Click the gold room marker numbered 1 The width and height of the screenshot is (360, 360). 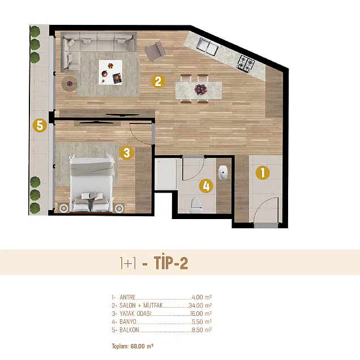[263, 173]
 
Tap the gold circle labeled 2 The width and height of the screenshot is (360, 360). [158, 82]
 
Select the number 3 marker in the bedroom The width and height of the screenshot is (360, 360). [127, 153]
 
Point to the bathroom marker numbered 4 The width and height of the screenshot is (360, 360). [206, 186]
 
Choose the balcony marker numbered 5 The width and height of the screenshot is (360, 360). [40, 126]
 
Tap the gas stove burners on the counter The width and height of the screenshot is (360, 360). [246, 63]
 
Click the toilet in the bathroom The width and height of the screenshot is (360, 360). [196, 204]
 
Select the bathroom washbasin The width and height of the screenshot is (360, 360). [223, 172]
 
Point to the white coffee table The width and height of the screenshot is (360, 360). [110, 72]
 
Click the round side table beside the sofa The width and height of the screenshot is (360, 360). [69, 84]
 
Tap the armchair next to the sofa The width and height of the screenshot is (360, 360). [155, 51]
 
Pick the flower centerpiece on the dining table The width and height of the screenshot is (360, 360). [200, 89]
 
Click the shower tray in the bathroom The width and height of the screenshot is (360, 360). [166, 174]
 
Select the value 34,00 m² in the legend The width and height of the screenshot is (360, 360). [200, 305]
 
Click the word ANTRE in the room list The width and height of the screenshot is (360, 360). [127, 297]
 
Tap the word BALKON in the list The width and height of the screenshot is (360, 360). [129, 330]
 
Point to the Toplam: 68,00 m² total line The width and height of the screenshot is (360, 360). [132, 346]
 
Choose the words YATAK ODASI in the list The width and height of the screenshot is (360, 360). [135, 314]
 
